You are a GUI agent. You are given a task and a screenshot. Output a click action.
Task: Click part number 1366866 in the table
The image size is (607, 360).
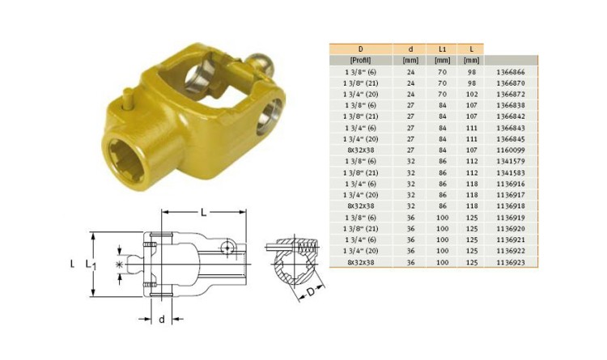510,72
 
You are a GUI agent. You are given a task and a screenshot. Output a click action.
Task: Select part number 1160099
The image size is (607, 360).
510,150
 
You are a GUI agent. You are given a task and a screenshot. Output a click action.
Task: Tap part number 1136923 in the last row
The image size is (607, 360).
510,262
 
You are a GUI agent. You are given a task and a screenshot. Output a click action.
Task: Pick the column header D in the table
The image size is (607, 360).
360,49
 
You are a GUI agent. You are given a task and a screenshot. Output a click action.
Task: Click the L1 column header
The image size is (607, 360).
442,49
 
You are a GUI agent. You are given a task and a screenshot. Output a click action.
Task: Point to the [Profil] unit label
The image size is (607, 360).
360,61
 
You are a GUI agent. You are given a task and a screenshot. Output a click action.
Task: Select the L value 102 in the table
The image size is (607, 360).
472,94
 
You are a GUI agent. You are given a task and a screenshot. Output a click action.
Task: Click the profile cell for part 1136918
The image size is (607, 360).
360,206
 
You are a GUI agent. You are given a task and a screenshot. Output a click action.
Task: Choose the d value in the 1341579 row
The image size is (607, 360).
410,162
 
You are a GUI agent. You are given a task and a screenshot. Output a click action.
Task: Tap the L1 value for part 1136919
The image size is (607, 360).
442,218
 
